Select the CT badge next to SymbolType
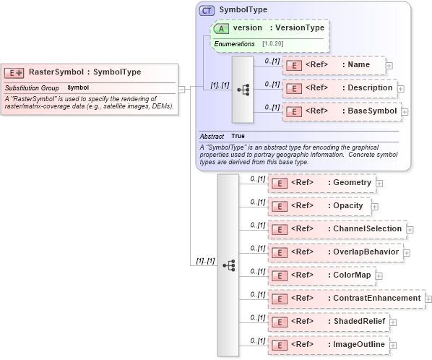pos(207,10)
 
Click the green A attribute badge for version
pos(221,28)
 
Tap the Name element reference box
pos(333,65)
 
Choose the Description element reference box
pos(339,88)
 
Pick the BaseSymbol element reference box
pos(340,112)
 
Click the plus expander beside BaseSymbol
pos(405,112)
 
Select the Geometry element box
pos(321,183)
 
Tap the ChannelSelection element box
pos(337,229)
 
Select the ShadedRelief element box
pos(328,321)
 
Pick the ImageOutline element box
pos(328,344)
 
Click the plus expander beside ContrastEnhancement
pos(428,299)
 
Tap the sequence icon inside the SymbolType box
pos(243,90)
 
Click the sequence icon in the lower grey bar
pos(228,265)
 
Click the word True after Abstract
pos(238,136)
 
